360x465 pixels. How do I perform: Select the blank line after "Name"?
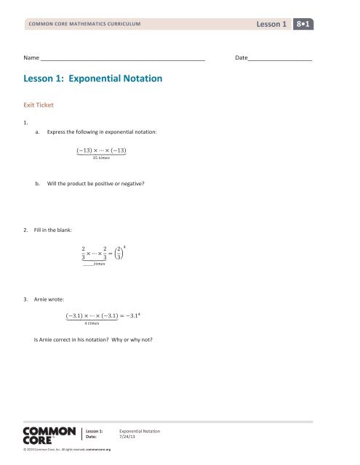pyautogui.click(x=122, y=56)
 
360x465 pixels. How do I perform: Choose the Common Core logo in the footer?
pyautogui.click(x=49, y=435)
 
